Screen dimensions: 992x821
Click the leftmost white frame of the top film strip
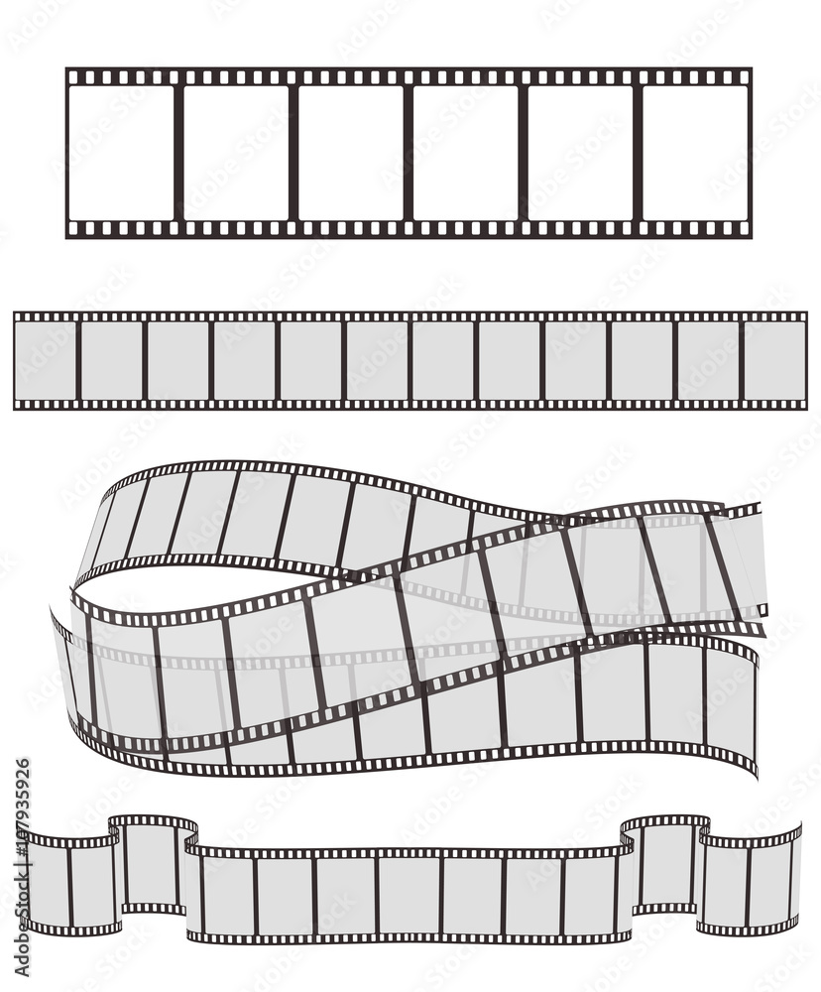pos(121,153)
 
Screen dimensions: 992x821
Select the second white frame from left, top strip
pos(236,153)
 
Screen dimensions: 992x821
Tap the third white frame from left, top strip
pos(351,153)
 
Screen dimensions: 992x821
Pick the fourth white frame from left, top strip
pos(465,153)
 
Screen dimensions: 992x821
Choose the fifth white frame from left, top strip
pos(580,153)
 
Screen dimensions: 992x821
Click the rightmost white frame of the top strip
pos(695,153)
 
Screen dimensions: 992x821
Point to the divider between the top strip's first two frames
pos(178,153)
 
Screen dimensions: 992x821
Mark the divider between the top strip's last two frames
pos(638,153)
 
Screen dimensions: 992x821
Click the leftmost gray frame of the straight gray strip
pos(45,360)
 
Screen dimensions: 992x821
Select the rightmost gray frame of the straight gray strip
pos(774,360)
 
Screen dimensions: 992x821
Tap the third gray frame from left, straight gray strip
pos(177,360)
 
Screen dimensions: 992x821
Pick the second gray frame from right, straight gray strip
pos(708,360)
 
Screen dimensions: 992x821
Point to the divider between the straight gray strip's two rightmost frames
pos(742,360)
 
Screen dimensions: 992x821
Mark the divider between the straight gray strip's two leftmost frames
pos(77,360)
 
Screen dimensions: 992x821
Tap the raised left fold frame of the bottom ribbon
pos(153,864)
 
